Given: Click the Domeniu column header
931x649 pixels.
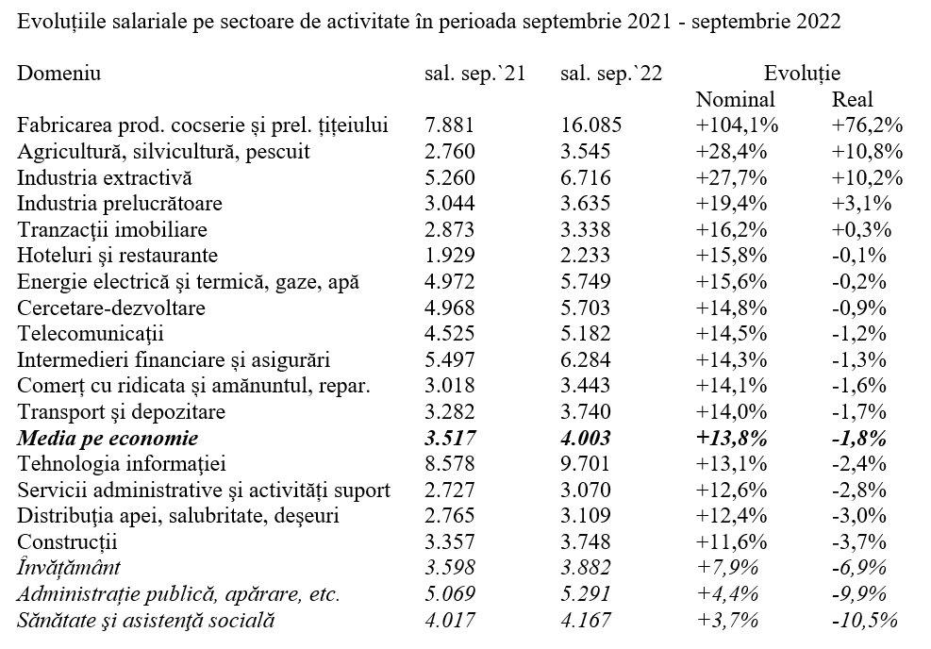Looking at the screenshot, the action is coord(58,74).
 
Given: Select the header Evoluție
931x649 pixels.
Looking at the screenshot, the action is coord(802,75).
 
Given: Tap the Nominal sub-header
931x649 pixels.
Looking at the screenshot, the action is coord(735,99).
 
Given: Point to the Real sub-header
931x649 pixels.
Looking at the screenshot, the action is coord(853,99).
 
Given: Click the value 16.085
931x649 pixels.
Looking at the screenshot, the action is coord(590,125).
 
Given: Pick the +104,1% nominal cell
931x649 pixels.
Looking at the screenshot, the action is coord(737,125).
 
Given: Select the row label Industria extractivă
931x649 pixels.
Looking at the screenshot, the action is coord(105,177).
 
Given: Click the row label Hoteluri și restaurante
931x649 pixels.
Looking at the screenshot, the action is coord(118,256).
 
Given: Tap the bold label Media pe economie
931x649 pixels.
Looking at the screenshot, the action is coord(108,439).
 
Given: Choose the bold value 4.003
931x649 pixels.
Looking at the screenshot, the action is coord(586,439).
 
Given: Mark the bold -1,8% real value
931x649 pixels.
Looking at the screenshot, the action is coord(859,439).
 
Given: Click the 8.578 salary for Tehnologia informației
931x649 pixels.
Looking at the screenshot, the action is coord(450,464).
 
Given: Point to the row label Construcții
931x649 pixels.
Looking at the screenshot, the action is coord(67,542).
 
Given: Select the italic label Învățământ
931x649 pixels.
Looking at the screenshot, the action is coord(69,567).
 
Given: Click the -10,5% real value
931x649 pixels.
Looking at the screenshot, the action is coord(864,621).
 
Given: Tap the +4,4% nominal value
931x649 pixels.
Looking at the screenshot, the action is coord(727,593).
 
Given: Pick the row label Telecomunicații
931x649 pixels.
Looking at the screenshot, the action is coord(91,334).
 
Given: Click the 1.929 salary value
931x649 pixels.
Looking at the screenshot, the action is coord(450,256).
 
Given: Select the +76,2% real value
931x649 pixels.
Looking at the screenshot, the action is coord(868,125).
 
